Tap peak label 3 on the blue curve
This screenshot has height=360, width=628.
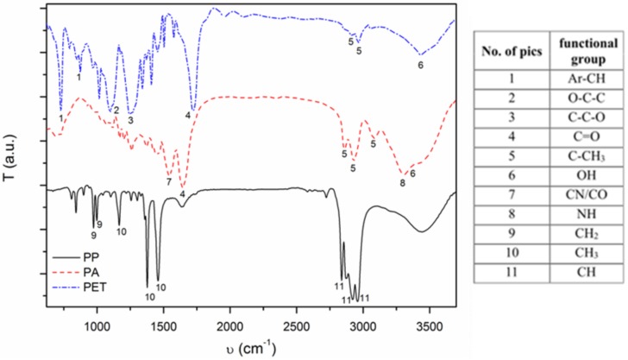pos(130,120)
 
